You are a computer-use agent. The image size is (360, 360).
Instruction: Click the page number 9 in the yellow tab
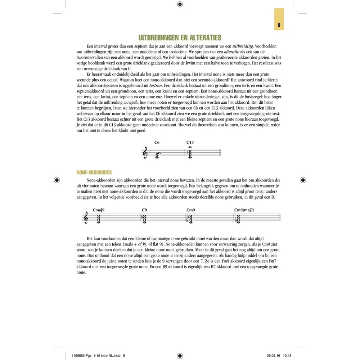point(279,25)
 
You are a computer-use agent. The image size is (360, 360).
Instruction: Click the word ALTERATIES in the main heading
point(202,38)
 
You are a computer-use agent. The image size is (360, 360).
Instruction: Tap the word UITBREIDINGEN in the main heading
point(159,38)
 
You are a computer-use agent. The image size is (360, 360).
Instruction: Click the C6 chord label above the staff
point(157,143)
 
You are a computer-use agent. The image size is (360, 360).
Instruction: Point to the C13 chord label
point(190,143)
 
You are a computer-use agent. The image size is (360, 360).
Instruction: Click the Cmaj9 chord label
point(98,210)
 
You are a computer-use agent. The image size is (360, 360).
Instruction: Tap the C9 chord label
point(144,210)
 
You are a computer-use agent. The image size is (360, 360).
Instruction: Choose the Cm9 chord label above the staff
point(191,210)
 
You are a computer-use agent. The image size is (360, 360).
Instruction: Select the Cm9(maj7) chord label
point(244,210)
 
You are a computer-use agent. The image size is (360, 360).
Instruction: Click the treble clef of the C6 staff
point(145,153)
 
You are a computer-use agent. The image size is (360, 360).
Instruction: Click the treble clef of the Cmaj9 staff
point(86,218)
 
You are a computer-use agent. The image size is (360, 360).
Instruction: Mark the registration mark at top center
point(180,4)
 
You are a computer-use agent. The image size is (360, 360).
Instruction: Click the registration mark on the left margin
point(57,180)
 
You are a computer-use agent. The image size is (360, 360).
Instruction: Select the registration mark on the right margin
point(303,180)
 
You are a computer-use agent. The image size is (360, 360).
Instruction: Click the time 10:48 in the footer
point(287,355)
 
